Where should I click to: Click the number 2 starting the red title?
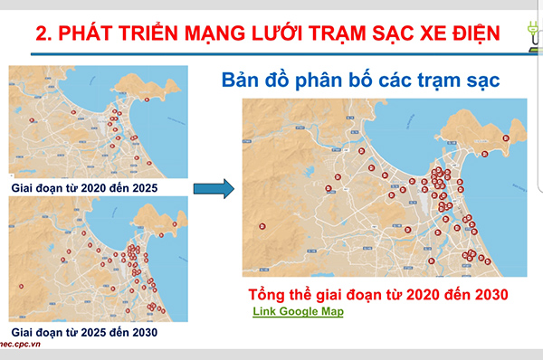click(x=41, y=34)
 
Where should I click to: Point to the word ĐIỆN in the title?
click(x=462, y=34)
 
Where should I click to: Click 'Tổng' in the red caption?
click(x=271, y=295)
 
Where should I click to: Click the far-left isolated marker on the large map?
click(x=262, y=225)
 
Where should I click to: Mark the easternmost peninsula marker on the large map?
click(x=506, y=137)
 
